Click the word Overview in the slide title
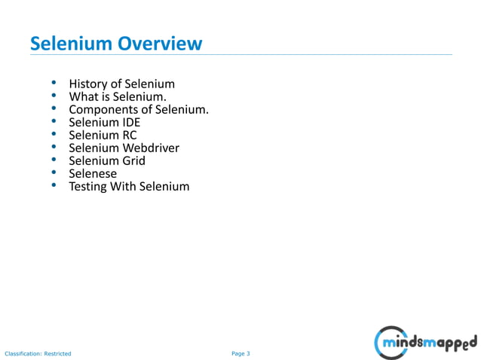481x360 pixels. pos(159,44)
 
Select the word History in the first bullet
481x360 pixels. pos(87,84)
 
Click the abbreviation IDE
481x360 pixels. pos(130,123)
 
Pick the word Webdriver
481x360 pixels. pos(151,148)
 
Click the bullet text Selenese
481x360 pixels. pos(93,174)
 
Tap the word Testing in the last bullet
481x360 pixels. pos(88,187)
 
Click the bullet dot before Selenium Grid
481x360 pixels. pos(54,161)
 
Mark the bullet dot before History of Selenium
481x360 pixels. pos(54,84)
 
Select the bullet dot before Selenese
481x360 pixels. pos(54,174)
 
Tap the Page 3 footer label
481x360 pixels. pos(240,353)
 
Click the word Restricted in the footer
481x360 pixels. pos(57,353)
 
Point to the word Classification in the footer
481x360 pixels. pos(23,353)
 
